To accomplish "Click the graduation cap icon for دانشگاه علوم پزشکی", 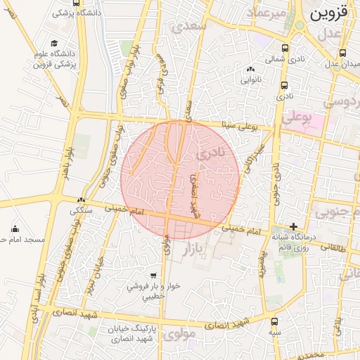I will pyautogui.click(x=54, y=44).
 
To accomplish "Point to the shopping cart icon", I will pyautogui.click(x=153, y=276).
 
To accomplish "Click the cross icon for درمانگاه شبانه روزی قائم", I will pyautogui.click(x=293, y=226).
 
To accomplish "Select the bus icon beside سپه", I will pyautogui.click(x=274, y=321).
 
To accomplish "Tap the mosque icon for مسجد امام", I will pyautogui.click(x=15, y=229).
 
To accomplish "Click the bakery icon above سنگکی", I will pyautogui.click(x=82, y=200).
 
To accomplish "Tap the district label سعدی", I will pyautogui.click(x=192, y=27).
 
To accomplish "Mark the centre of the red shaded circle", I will pyautogui.click(x=181, y=180).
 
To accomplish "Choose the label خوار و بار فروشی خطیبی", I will pyautogui.click(x=153, y=292).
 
